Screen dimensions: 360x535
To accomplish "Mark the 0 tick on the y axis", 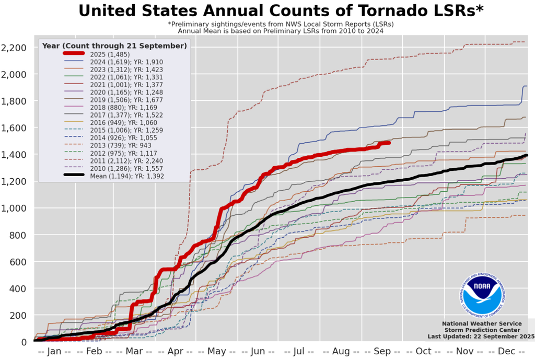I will pyautogui.click(x=27, y=342).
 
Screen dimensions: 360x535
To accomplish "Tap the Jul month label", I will pyautogui.click(x=299, y=352).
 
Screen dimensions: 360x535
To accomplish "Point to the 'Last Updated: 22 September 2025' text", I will pyautogui.click(x=481, y=336).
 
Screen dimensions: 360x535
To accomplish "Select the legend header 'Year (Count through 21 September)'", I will pyautogui.click(x=114, y=45).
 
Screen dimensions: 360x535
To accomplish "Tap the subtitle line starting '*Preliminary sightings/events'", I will pyautogui.click(x=281, y=24).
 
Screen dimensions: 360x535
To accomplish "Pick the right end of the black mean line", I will pyautogui.click(x=526, y=155).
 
